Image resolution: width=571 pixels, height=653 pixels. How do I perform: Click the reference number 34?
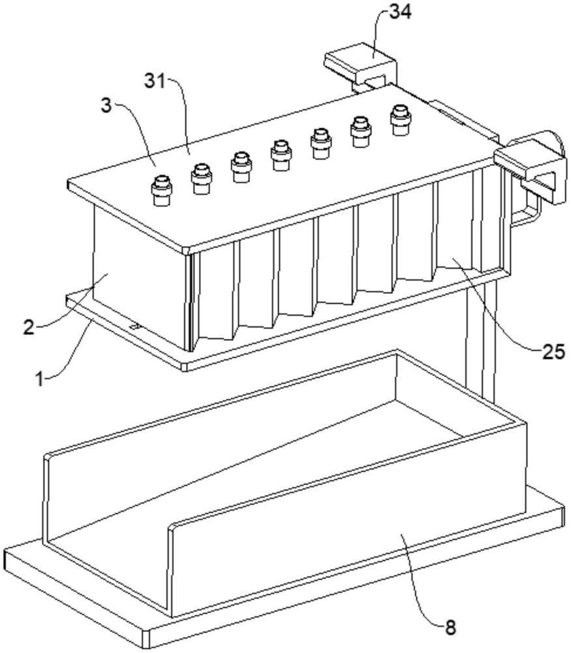400,12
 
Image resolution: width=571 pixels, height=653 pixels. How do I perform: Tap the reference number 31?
155,80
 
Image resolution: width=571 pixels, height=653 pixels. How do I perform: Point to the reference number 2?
28,327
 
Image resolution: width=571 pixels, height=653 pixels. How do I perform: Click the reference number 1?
40,379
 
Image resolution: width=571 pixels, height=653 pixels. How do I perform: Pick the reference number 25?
553,352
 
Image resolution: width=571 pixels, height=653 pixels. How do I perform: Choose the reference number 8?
451,627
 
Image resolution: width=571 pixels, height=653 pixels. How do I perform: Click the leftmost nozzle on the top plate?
161,191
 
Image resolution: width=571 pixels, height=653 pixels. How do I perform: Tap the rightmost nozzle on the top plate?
401,120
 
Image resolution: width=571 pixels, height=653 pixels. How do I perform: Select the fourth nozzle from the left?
281,155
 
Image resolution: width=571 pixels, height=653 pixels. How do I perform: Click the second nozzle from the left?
202,179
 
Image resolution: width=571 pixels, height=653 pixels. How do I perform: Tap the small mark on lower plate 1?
134,326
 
